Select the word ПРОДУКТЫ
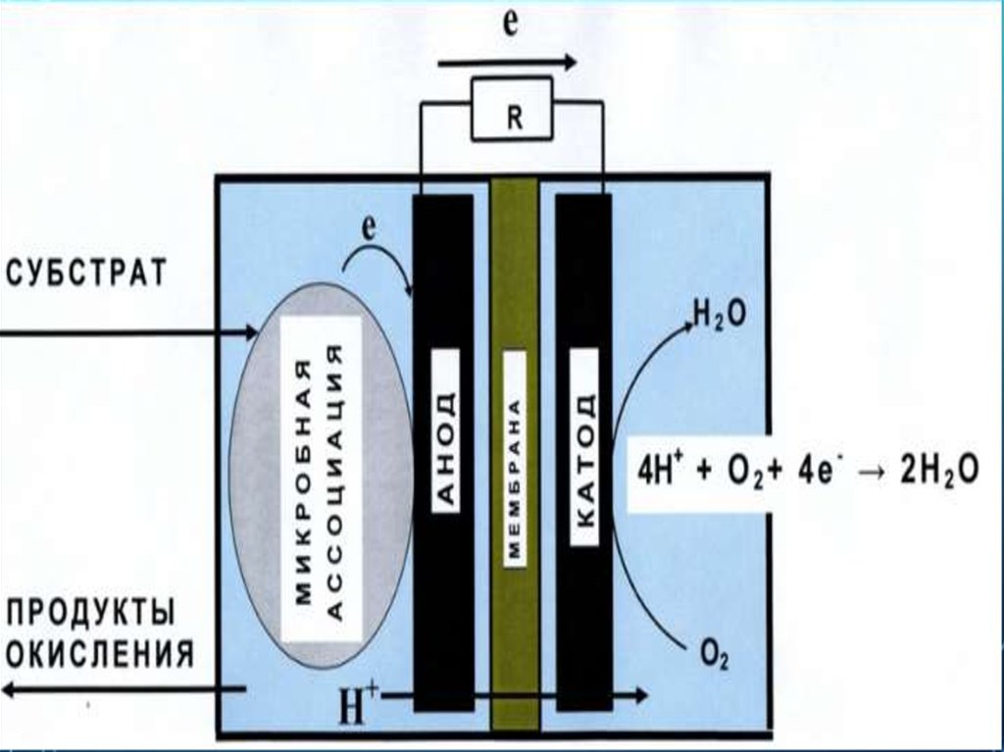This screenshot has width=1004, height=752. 91,614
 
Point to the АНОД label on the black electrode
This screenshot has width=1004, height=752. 444,450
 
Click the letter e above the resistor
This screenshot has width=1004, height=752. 509,26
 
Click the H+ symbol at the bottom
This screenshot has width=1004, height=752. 357,706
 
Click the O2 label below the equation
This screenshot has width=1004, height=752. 713,652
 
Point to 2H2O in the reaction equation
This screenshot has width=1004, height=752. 939,470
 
